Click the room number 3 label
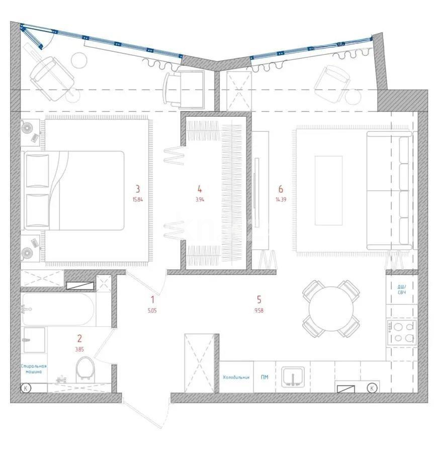pyautogui.click(x=137, y=189)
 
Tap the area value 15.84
pyautogui.click(x=137, y=199)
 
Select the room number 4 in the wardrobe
pyautogui.click(x=200, y=189)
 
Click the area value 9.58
pyautogui.click(x=259, y=310)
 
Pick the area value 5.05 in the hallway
pyautogui.click(x=152, y=311)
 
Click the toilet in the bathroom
pyautogui.click(x=86, y=369)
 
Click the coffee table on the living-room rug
pyautogui.click(x=328, y=190)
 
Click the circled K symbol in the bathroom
pyautogui.click(x=26, y=388)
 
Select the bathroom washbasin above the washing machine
pyautogui.click(x=34, y=339)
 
